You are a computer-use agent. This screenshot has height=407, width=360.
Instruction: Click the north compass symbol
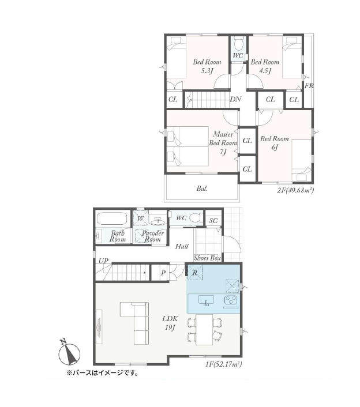[x=69, y=353]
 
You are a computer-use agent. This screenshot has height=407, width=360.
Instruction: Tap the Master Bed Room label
[x=223, y=143]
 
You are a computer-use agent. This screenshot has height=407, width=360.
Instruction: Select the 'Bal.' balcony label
[x=202, y=189]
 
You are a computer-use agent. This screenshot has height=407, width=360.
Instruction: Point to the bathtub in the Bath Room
[x=111, y=218]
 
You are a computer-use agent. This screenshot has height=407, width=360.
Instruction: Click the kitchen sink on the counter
[x=206, y=300]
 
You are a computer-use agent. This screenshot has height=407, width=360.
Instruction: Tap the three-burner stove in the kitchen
[x=231, y=300]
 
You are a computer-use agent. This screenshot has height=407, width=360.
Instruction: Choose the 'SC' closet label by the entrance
[x=213, y=221]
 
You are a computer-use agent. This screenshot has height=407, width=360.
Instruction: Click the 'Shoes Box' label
[x=207, y=258]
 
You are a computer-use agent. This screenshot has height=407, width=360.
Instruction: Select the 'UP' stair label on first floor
[x=103, y=261]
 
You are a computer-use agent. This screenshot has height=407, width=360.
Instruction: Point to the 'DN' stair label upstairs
[x=235, y=99]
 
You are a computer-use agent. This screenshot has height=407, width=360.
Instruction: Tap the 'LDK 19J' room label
[x=170, y=323]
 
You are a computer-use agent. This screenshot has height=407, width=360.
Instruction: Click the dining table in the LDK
[x=204, y=330]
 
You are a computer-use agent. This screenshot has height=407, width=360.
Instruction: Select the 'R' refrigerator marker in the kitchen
[x=195, y=273]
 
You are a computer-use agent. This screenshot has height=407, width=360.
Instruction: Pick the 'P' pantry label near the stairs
[x=163, y=273]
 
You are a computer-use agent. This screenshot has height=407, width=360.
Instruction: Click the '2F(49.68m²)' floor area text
[x=295, y=190]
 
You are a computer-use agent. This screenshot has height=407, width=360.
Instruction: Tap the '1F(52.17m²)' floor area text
[x=224, y=364]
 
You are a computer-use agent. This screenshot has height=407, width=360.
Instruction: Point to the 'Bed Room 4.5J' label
[x=265, y=66]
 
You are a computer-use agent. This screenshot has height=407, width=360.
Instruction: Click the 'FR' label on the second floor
[x=309, y=86]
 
